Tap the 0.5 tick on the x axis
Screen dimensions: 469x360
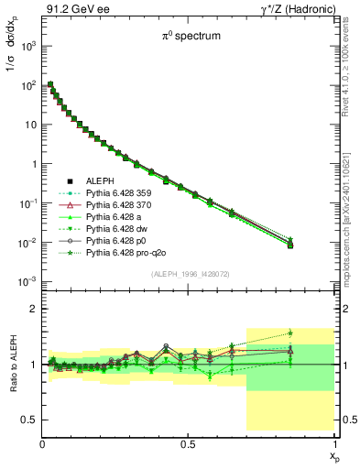point(188,443)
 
